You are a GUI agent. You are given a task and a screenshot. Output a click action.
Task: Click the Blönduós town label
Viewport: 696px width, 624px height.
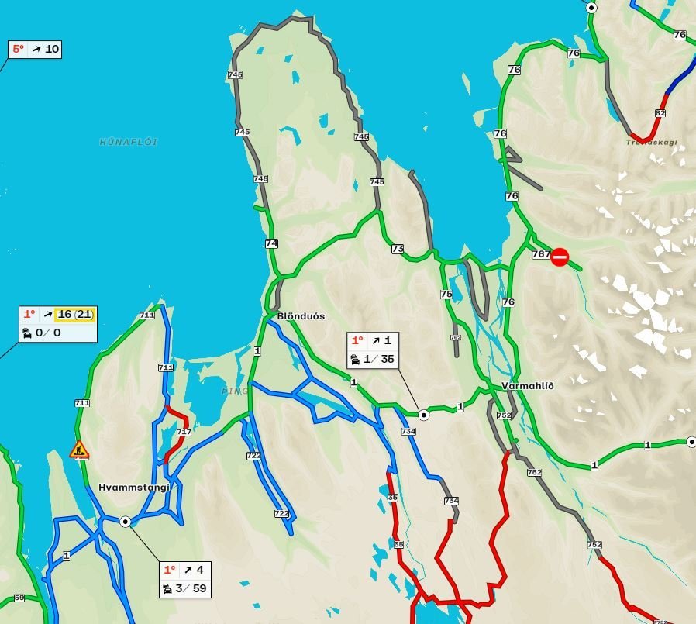(x=301, y=316)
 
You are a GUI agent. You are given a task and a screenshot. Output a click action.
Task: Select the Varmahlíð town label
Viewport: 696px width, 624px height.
(x=528, y=386)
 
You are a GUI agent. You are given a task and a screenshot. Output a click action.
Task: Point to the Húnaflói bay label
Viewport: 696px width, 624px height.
(x=129, y=142)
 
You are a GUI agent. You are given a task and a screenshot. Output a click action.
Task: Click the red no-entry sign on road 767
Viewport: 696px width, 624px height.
(x=560, y=257)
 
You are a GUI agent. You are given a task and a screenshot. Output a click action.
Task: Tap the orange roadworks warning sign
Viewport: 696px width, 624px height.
(x=79, y=450)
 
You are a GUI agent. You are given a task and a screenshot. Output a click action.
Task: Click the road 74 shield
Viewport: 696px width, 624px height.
(x=271, y=243)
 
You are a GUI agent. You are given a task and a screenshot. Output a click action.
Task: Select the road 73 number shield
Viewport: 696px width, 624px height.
(x=398, y=249)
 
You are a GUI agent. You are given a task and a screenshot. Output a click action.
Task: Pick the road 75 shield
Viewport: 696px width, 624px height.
(x=446, y=294)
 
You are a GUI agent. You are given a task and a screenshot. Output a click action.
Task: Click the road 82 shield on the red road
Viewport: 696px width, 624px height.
(x=660, y=113)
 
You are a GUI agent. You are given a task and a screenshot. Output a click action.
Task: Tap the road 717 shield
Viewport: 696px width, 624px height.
(x=184, y=432)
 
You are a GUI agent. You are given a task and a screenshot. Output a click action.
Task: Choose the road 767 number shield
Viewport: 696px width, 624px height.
(x=541, y=254)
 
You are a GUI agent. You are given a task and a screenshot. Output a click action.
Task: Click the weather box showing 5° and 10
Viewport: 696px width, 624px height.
(x=35, y=50)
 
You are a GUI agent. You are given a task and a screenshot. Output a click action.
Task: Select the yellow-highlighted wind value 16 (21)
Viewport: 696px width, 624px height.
(x=74, y=314)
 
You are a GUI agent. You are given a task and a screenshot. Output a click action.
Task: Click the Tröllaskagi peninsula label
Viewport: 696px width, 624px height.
(x=652, y=143)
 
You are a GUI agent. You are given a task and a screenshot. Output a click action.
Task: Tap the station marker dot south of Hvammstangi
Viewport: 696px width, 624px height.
(x=126, y=522)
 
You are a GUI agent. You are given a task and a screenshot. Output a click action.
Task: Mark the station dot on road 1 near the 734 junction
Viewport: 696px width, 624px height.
(x=424, y=415)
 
